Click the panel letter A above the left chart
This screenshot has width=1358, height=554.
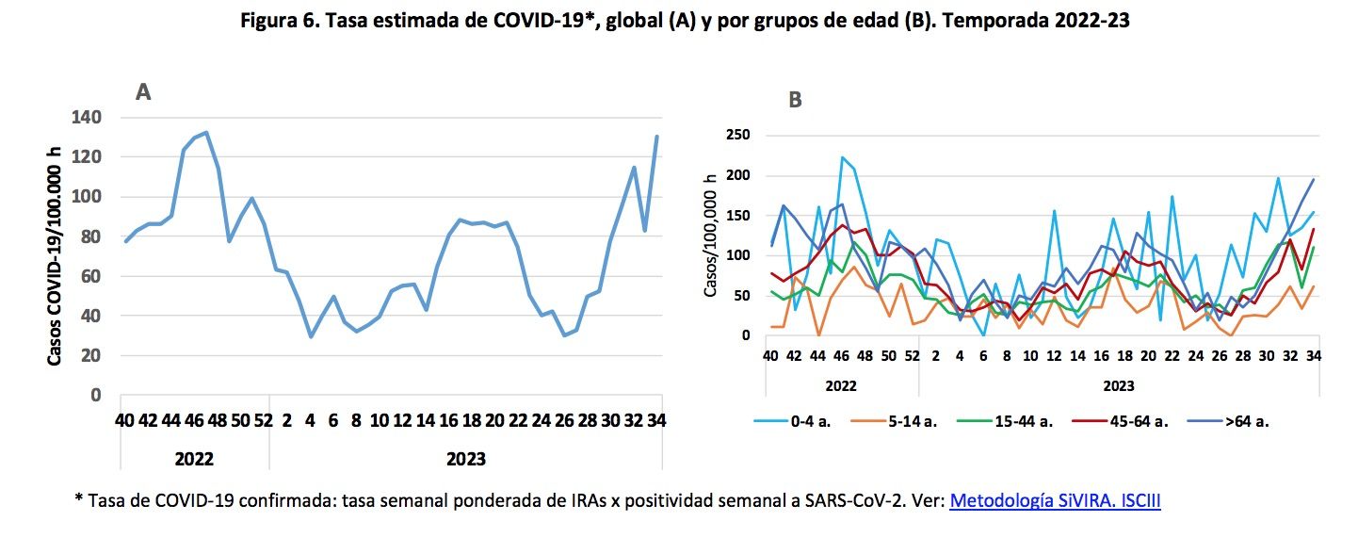point(143,91)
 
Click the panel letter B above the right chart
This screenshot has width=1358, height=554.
point(795,100)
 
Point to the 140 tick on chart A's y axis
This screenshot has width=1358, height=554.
point(87,118)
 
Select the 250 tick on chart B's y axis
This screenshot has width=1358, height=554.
point(737,136)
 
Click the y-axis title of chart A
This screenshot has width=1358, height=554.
point(56,256)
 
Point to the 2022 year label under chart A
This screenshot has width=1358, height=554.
point(194,459)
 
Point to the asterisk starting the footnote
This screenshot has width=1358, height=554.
point(78,499)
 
